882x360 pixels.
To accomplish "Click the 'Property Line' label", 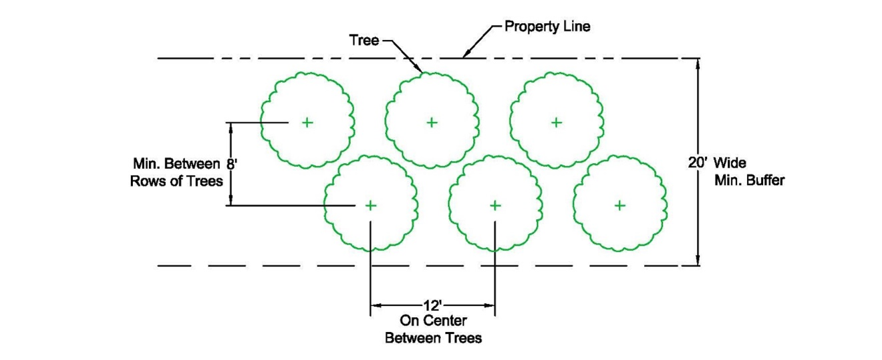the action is tap(547, 27).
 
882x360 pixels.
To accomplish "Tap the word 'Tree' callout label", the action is tap(364, 40).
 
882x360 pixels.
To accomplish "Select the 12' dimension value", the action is tap(433, 306).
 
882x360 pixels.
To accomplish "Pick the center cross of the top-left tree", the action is tap(307, 122).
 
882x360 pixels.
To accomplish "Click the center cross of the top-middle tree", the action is tap(432, 122).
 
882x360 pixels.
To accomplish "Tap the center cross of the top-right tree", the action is tap(557, 122).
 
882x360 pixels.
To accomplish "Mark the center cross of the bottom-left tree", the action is tap(370, 205).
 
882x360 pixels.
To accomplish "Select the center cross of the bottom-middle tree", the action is tap(495, 205).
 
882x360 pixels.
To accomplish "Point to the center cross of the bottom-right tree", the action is tap(620, 205).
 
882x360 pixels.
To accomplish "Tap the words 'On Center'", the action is tap(433, 321).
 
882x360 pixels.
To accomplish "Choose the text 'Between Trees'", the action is tap(433, 338).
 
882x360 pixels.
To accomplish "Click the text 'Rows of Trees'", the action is tap(176, 181).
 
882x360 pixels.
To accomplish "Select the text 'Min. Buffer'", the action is tap(750, 180).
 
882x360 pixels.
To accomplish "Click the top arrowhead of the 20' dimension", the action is tap(698, 64).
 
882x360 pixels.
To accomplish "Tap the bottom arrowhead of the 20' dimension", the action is tap(698, 260).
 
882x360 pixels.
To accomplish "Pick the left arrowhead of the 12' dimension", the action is tap(376, 306).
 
